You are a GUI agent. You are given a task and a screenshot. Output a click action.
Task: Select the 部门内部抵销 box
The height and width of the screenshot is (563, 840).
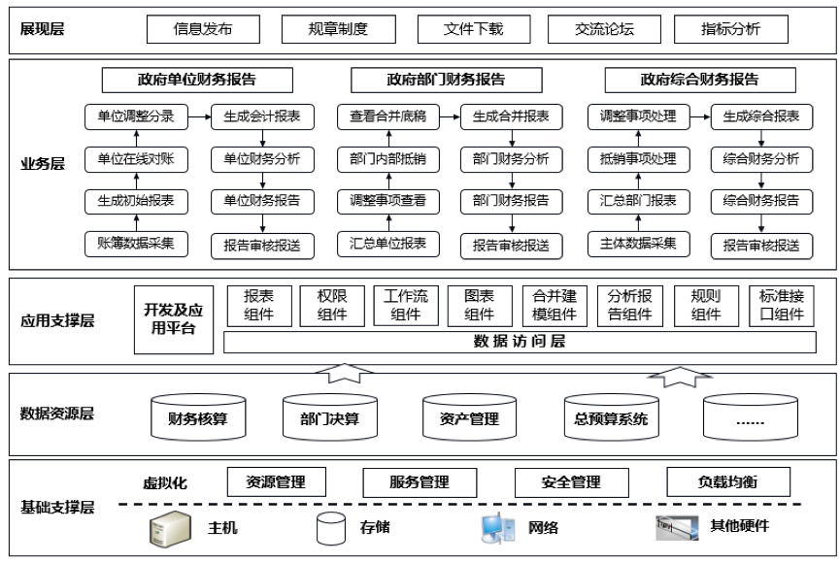[386, 159]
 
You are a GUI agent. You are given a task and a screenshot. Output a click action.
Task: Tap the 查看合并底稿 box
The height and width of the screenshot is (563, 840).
[386, 116]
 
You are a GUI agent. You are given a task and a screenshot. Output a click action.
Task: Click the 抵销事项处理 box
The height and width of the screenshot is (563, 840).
[638, 159]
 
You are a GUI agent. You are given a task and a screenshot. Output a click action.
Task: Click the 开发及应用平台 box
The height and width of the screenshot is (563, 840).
[174, 319]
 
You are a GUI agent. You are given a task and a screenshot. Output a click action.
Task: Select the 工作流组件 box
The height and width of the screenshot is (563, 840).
[407, 305]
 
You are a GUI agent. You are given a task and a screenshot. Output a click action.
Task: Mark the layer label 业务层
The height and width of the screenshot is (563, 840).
[43, 164]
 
